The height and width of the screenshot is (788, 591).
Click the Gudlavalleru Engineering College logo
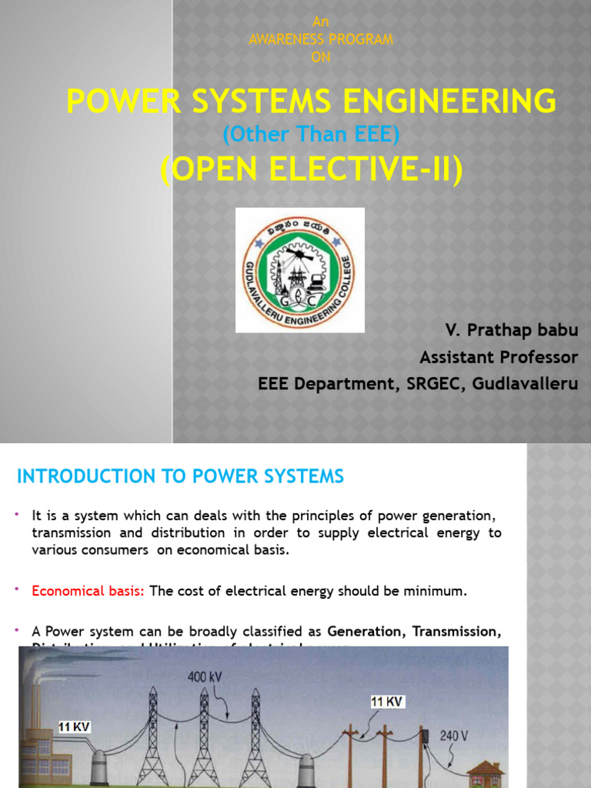299,269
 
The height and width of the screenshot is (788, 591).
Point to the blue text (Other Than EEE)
311,135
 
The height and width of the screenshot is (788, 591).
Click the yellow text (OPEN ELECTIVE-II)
312,169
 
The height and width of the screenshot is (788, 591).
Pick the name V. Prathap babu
511,331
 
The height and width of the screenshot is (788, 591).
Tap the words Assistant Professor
498,357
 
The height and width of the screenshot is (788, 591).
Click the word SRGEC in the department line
438,383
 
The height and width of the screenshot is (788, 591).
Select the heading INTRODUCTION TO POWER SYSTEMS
180,476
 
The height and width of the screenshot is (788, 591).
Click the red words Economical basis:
88,591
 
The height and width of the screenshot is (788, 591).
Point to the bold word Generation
366,631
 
